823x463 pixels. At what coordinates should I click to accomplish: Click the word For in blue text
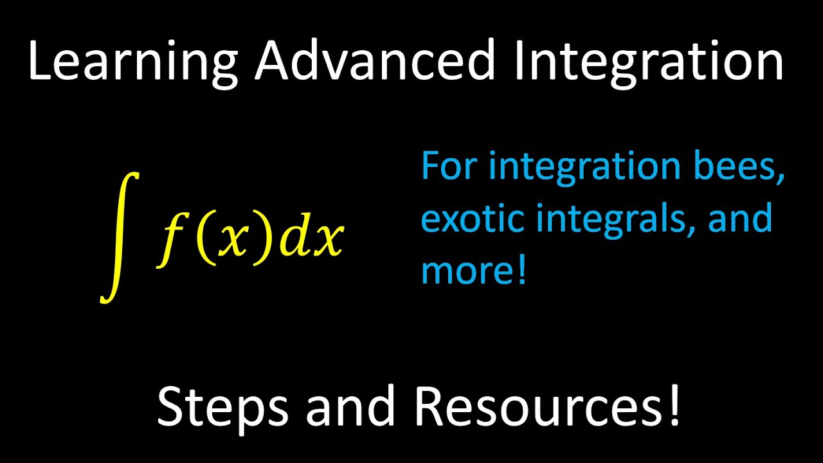pos(449,167)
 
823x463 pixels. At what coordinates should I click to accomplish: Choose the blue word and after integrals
pos(740,219)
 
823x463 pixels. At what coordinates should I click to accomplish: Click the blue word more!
pos(473,270)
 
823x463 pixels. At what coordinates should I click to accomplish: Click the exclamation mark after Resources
pos(673,405)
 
